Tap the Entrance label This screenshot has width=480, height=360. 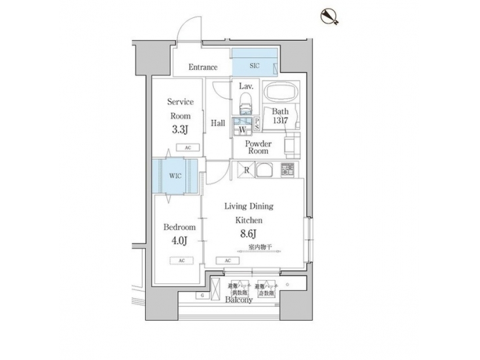point(203,67)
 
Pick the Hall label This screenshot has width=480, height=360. point(217,123)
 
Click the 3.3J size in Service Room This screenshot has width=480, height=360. point(179,129)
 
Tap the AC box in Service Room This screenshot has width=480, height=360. point(187,147)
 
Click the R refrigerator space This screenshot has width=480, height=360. point(247,169)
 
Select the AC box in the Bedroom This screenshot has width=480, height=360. point(181,261)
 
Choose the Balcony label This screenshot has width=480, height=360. point(239,301)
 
